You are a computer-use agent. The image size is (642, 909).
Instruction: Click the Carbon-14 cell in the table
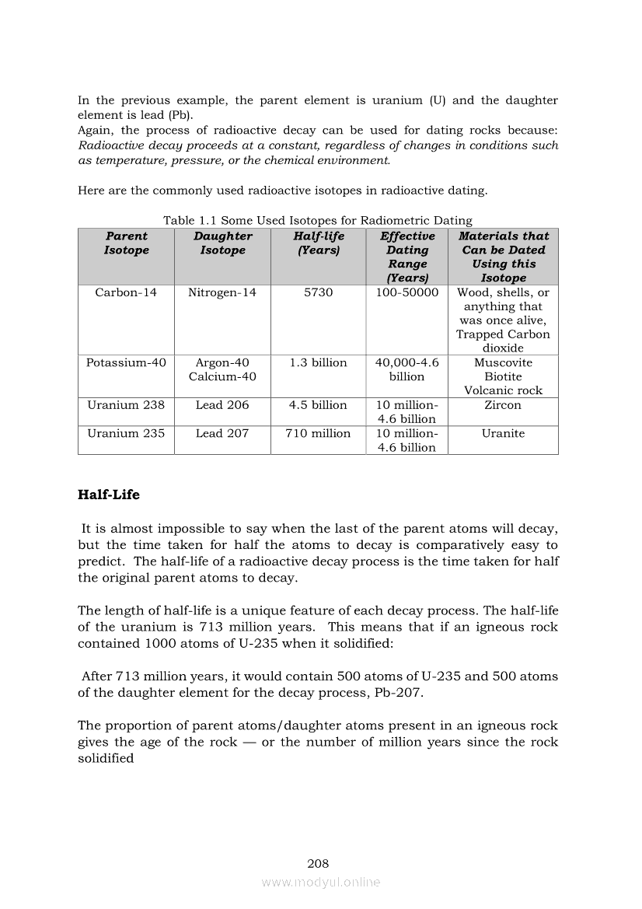coord(126,292)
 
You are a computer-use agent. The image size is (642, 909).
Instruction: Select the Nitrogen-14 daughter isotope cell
coord(222,292)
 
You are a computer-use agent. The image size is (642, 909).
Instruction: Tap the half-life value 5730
coord(319,292)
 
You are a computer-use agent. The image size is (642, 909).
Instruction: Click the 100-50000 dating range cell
coord(407,292)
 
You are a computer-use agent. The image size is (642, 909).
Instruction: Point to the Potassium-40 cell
coord(126,362)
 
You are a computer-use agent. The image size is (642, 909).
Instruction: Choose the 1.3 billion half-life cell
coord(319,362)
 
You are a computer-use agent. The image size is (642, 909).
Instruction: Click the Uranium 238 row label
coord(126,405)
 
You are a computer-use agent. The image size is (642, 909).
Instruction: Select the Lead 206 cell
coord(222,405)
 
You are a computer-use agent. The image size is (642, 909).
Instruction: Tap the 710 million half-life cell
coord(319,433)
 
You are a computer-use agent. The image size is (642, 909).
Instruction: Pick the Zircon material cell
coord(503,405)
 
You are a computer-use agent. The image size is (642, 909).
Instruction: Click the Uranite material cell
coord(503,433)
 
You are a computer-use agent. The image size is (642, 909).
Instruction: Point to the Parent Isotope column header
coord(126,243)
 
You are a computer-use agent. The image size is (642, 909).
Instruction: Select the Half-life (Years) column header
coord(319,243)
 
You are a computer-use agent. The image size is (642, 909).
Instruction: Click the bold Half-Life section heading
coord(109,495)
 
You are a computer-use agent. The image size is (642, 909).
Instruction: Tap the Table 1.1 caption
coord(317,221)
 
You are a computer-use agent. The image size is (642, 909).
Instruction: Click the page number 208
coord(318,863)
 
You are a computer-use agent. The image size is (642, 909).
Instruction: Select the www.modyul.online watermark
coord(321,882)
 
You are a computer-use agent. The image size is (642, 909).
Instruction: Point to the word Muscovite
coord(503,362)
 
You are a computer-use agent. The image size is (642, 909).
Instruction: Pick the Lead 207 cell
coord(222,433)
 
